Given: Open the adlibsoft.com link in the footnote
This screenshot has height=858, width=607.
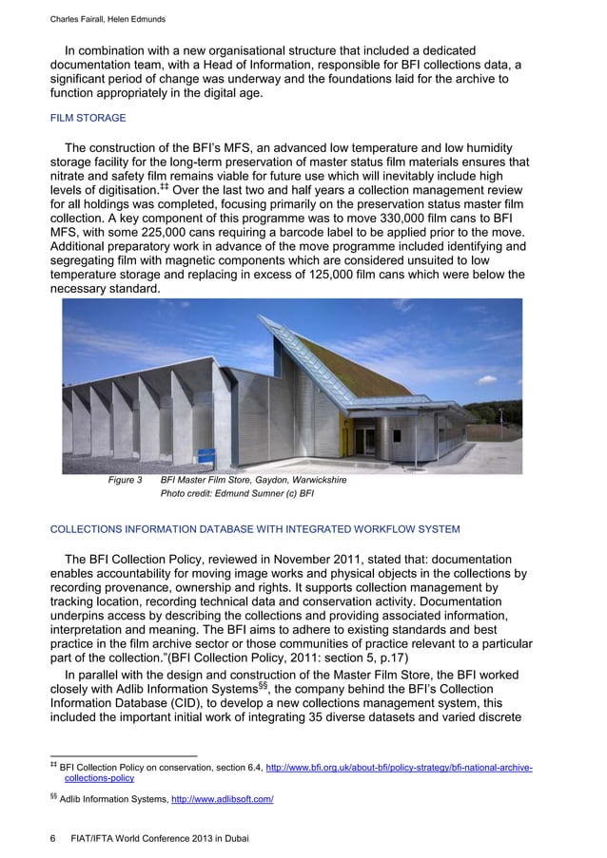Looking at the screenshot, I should (x=222, y=800).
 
